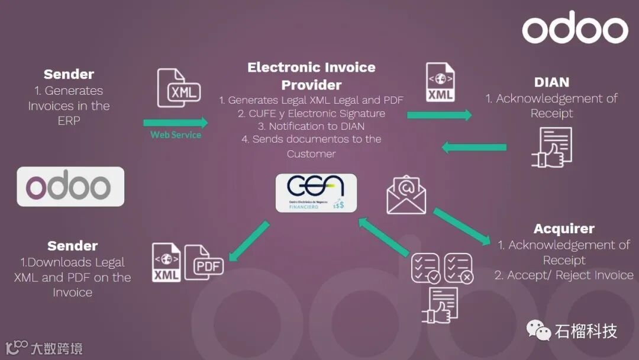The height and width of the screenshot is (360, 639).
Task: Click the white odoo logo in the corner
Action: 575,28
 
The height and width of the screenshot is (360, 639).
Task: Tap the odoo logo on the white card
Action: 70,187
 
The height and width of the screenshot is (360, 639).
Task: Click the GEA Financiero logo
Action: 316,192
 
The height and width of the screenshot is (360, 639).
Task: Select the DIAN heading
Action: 551,82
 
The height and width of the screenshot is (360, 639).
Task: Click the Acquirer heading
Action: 564,229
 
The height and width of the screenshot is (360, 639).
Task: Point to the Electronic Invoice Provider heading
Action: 311,75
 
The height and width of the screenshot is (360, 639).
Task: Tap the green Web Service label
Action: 176,135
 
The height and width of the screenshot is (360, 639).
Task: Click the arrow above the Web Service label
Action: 176,123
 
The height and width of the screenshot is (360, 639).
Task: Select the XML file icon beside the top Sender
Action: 179,88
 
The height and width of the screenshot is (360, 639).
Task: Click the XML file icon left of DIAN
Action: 441,82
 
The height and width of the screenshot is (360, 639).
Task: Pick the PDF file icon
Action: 204,261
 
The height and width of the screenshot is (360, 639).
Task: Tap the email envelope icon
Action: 406,195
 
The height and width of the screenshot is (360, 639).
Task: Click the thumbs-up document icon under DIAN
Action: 552,146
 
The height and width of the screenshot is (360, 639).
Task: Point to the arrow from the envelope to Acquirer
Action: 462,226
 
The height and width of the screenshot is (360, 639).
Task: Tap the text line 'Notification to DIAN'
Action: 311,126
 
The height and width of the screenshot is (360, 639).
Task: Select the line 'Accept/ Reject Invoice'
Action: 564,275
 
